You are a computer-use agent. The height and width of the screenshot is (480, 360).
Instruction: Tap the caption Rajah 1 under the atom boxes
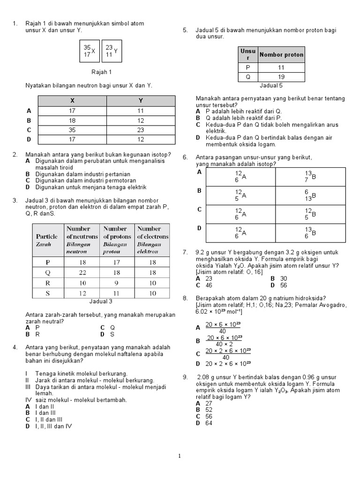101,72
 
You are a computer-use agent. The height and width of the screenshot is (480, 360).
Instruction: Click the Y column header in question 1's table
141,101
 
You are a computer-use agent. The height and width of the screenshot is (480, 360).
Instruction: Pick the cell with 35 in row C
72,130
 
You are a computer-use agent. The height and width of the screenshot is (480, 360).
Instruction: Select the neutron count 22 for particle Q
82,273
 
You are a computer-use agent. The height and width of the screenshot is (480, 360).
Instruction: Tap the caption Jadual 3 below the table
101,301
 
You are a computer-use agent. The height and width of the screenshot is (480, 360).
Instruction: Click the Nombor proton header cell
281,55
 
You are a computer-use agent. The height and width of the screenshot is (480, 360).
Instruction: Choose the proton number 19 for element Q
281,77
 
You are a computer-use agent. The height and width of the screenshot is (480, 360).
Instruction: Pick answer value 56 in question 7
284,285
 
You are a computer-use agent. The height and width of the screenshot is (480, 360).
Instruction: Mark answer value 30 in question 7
284,278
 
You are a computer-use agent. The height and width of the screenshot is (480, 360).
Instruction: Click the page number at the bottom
180,455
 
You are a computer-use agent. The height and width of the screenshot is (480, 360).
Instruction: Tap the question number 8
186,298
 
